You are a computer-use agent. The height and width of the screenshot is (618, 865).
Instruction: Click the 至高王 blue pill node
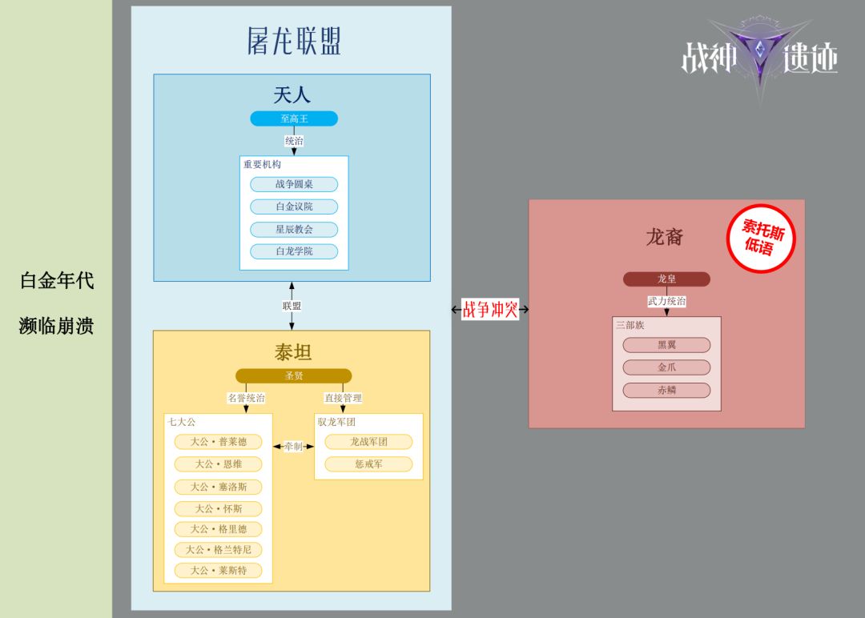point(294,118)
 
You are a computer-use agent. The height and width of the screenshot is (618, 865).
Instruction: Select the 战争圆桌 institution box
point(294,184)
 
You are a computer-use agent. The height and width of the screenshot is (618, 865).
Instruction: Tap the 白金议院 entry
point(294,207)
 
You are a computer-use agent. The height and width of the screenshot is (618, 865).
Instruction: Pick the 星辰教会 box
point(294,229)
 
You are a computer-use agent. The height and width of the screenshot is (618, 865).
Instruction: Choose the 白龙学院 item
point(294,251)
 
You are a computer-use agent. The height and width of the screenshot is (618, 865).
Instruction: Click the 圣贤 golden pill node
point(293,375)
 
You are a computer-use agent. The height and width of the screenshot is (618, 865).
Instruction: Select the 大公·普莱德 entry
point(218,442)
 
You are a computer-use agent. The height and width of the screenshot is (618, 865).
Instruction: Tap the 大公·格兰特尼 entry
point(218,550)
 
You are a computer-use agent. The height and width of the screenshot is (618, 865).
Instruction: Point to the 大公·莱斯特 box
point(218,571)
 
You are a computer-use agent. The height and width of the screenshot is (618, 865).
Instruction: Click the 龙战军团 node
point(368,442)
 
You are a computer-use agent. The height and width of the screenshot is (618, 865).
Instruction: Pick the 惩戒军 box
point(368,464)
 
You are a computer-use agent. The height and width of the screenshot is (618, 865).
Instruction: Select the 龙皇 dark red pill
point(666,279)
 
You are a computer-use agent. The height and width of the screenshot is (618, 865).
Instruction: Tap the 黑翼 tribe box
point(666,345)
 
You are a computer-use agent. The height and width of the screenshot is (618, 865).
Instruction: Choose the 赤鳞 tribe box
point(666,391)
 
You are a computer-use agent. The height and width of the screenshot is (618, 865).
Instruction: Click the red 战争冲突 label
point(490,309)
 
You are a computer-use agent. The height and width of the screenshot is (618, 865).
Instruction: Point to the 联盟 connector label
point(292,306)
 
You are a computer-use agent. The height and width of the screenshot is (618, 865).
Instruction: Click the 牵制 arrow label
point(293,446)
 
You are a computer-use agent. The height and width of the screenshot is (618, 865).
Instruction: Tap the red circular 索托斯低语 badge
point(760,239)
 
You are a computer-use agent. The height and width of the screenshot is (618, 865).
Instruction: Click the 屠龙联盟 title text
point(294,40)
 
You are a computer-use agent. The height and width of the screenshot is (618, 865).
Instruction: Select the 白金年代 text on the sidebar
point(56,281)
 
